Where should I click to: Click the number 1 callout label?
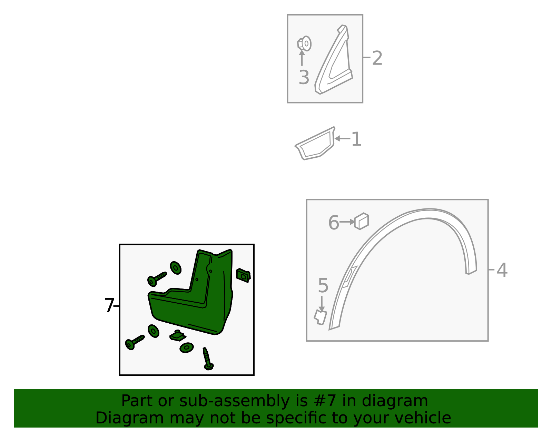pyautogui.click(x=356, y=139)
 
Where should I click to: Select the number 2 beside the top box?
pyautogui.click(x=377, y=58)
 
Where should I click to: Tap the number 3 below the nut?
pyautogui.click(x=304, y=77)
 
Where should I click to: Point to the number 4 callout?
pyautogui.click(x=502, y=270)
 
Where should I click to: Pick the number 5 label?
pyautogui.click(x=323, y=285)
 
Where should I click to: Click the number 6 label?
pyautogui.click(x=334, y=223)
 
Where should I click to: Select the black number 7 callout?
pyautogui.click(x=109, y=305)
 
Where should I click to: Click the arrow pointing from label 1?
pyautogui.click(x=342, y=138)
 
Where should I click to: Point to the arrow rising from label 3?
pyautogui.click(x=302, y=58)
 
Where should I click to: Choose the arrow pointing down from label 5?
pyautogui.click(x=322, y=304)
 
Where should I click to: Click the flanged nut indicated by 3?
pyautogui.click(x=304, y=44)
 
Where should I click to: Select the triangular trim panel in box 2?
pyautogui.click(x=334, y=60)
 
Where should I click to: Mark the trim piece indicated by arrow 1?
pyautogui.click(x=315, y=144)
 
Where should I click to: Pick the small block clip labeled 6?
pyautogui.click(x=362, y=221)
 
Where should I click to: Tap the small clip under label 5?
pyautogui.click(x=320, y=317)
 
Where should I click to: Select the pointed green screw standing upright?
pyautogui.click(x=208, y=359)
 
